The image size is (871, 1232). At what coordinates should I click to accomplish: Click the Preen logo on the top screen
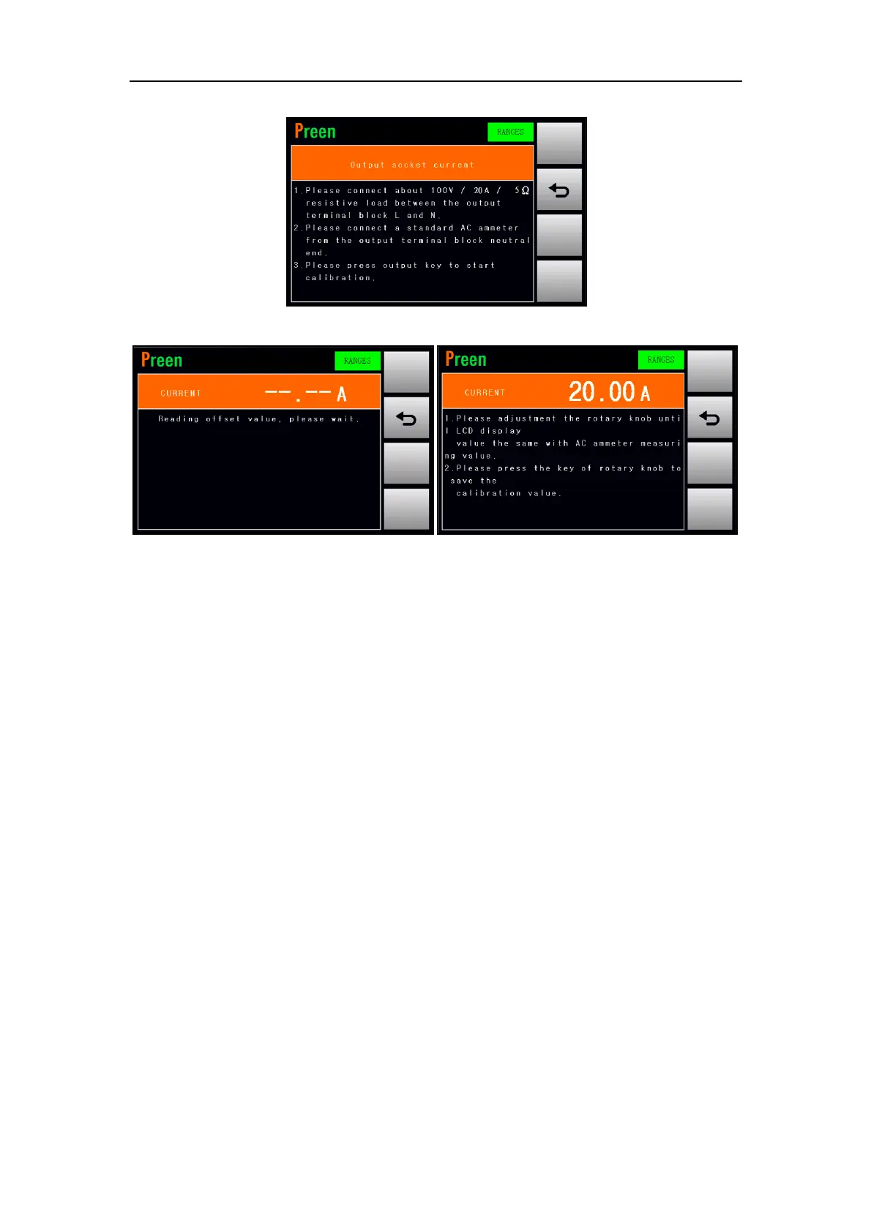(x=315, y=132)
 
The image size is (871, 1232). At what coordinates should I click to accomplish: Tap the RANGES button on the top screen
(x=510, y=132)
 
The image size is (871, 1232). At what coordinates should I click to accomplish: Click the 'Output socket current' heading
(x=412, y=165)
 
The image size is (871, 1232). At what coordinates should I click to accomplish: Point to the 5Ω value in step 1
(x=522, y=190)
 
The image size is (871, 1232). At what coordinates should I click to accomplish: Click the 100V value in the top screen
(x=442, y=190)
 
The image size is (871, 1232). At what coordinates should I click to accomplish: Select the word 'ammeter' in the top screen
(x=498, y=228)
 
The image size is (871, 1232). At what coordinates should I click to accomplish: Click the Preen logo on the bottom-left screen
(x=162, y=360)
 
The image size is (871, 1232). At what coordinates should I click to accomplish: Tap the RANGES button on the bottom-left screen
(x=357, y=361)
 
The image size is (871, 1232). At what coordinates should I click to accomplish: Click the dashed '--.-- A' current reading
(x=305, y=394)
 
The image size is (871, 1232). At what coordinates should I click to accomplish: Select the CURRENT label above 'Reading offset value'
(x=181, y=394)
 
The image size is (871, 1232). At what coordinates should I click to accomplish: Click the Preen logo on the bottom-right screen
(x=466, y=359)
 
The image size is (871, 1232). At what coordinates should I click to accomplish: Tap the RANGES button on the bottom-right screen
(x=661, y=360)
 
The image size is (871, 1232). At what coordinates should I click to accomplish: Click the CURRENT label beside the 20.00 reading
(x=485, y=393)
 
